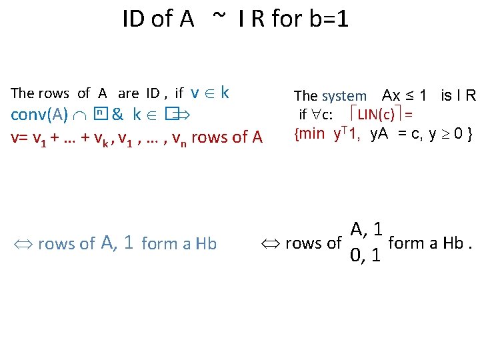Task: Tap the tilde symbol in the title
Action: [x=219, y=17]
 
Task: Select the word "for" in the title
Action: [x=286, y=19]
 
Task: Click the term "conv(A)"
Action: [x=39, y=115]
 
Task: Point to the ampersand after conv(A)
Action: [x=117, y=115]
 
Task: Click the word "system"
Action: [x=344, y=97]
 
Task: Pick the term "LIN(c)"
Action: [x=375, y=115]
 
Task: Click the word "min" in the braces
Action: [x=312, y=135]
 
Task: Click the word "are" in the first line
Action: [x=128, y=93]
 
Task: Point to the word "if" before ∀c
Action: [x=303, y=115]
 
